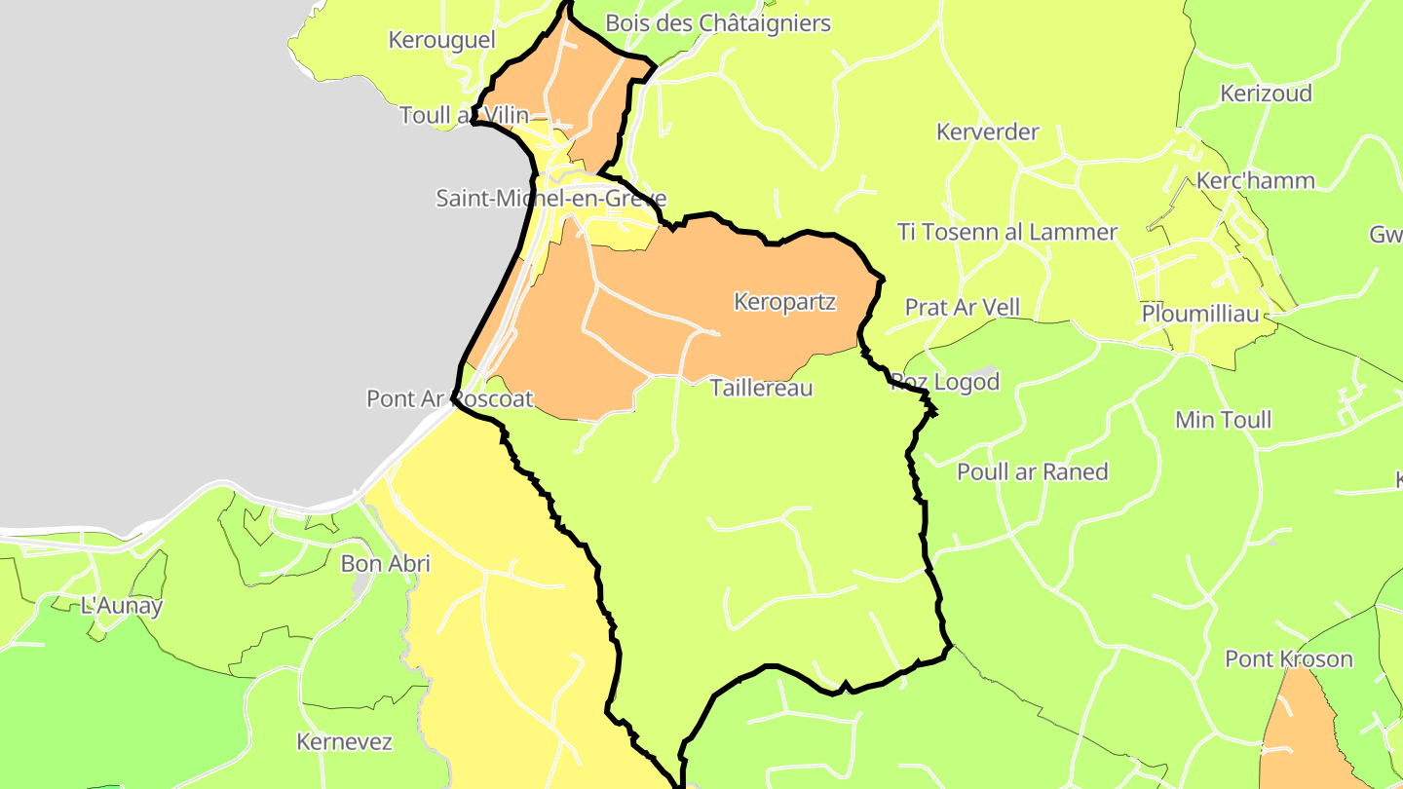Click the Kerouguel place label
coord(441,40)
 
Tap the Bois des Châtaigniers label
coord(718,22)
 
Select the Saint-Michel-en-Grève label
coord(550,198)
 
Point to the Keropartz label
coord(784,301)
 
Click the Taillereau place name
coord(761,388)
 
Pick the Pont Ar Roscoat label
coord(449,398)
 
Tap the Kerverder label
coord(987,131)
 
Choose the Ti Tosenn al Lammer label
coord(1006,232)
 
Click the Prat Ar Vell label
coord(962,307)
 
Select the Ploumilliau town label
coord(1199,314)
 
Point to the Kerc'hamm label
coord(1254,180)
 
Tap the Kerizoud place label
coord(1266,94)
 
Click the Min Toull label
coord(1223,420)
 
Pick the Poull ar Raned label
coord(1032,471)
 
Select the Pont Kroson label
coord(1288,658)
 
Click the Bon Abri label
coord(385,563)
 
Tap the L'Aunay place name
coord(122,605)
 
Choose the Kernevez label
coord(344,741)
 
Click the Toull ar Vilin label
coord(464,115)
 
